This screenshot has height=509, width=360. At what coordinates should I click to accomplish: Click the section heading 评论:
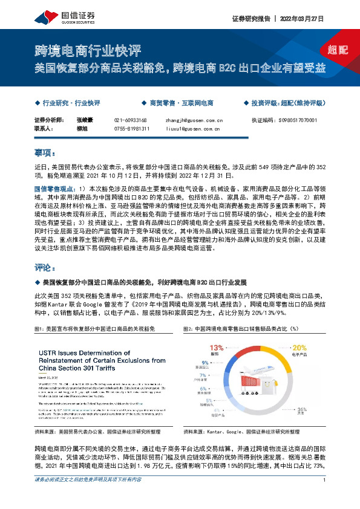[x=45, y=267]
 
